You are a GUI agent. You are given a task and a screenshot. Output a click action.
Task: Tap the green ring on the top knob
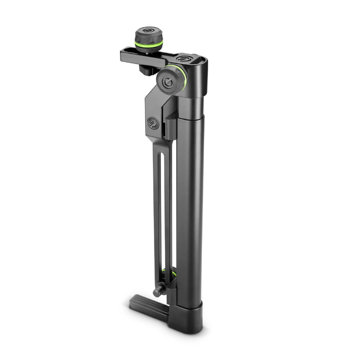148,44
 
